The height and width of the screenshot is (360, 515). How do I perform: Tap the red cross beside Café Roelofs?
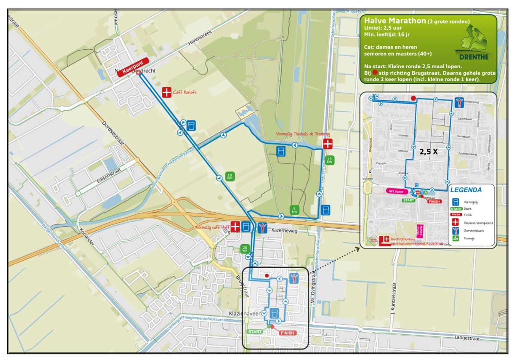(x=167, y=92)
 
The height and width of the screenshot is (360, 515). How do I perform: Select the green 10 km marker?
(x=230, y=176)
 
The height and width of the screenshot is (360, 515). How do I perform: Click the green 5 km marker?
(x=294, y=210)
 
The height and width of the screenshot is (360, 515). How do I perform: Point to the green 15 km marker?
(x=330, y=160)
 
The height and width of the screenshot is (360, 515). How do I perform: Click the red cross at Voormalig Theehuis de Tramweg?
(x=328, y=144)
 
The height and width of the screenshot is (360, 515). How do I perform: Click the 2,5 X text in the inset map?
(x=428, y=151)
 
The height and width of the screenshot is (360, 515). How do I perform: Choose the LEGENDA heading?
(x=466, y=190)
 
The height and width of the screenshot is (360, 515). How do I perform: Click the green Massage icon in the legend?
(x=456, y=238)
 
